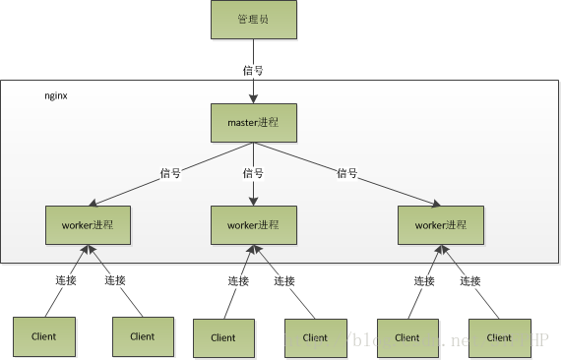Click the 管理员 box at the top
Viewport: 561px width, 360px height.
tap(253, 20)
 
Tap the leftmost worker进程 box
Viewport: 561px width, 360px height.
tap(88, 224)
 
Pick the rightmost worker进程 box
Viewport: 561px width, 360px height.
tap(440, 225)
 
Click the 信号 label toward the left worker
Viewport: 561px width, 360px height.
tap(171, 173)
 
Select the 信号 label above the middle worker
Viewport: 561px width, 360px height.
tap(253, 173)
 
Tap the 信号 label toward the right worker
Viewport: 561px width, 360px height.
tap(346, 173)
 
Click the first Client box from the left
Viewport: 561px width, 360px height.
tap(44, 335)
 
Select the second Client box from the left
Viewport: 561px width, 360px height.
tap(142, 335)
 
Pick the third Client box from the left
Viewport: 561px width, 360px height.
tap(223, 337)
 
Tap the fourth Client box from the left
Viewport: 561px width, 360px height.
tap(315, 337)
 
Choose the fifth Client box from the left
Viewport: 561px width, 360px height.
tap(407, 336)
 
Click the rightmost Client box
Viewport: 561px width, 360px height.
tap(499, 336)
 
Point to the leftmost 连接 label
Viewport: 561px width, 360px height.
tap(65, 280)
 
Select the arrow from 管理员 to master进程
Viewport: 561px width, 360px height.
tap(253, 84)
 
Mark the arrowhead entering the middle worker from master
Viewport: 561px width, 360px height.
tap(253, 201)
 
